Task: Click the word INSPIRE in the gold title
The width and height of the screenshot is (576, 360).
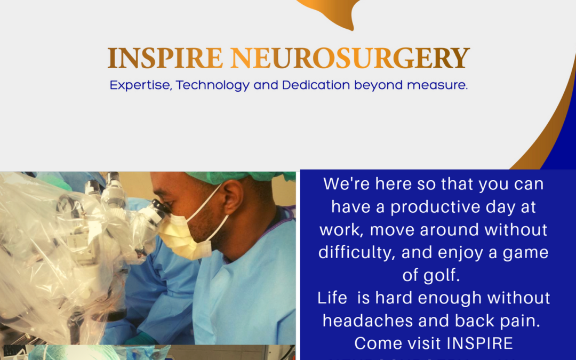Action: coord(165,58)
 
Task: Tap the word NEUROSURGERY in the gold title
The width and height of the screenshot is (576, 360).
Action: coord(350,58)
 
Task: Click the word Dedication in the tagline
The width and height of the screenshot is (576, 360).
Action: coord(316,85)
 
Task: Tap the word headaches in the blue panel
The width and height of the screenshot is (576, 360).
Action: coord(367,321)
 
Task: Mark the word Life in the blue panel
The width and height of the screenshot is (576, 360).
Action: coord(332,298)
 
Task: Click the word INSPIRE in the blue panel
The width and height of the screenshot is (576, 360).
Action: coord(479,343)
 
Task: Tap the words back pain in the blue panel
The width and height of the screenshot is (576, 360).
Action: coord(498,321)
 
